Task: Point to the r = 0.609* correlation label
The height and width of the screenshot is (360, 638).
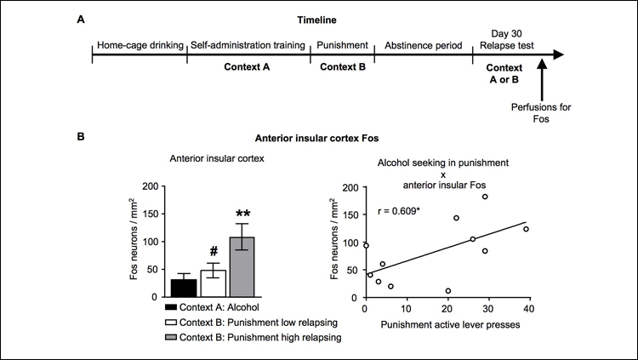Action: pos(398,209)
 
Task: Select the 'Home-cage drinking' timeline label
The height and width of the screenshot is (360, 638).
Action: pos(139,44)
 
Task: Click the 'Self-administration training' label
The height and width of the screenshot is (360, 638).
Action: pos(248,44)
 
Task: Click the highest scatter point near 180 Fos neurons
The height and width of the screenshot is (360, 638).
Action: pos(485,197)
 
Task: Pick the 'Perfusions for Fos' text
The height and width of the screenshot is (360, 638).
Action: pos(541,114)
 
